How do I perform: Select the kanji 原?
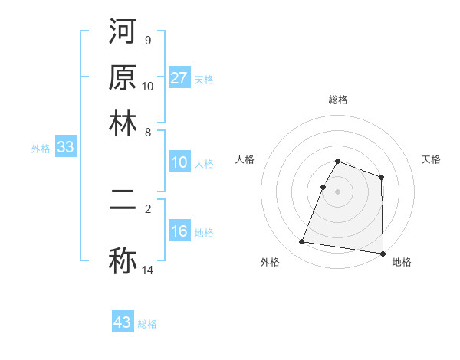(x=123, y=77)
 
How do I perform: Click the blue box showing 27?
(x=179, y=78)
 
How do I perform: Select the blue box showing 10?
(x=179, y=163)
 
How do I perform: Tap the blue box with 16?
(x=179, y=232)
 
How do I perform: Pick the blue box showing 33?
(x=65, y=148)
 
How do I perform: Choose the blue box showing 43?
(x=123, y=322)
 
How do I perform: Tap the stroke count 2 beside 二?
(x=147, y=207)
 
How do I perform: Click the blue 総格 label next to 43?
(x=147, y=324)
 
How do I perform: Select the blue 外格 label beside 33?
(x=41, y=149)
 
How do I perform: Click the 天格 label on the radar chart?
(x=431, y=159)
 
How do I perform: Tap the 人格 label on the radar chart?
(x=245, y=159)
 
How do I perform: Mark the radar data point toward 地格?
(x=383, y=254)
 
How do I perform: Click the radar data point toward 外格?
(x=302, y=242)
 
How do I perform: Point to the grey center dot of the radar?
(x=337, y=191)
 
